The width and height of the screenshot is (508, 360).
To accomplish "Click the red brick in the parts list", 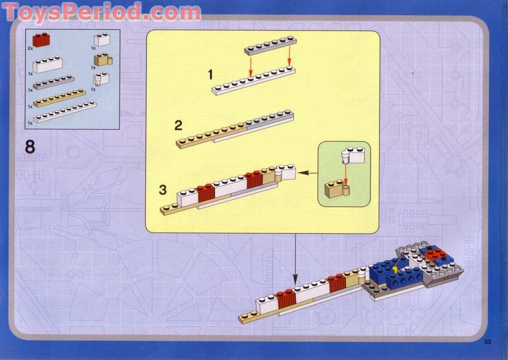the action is (x=41, y=40).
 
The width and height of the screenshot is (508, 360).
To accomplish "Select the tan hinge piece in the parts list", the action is (x=103, y=60).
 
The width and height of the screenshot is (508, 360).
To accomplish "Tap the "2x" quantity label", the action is (x=30, y=48).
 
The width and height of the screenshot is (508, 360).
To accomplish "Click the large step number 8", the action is (x=30, y=147).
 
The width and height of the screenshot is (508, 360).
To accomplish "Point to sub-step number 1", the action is (x=210, y=74).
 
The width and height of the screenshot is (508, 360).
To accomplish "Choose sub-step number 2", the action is (x=179, y=126).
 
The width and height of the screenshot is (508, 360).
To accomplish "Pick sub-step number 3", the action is (x=163, y=190).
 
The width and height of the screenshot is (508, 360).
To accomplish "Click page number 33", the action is (x=488, y=342).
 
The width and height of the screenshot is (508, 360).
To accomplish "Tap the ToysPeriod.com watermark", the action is (x=102, y=12).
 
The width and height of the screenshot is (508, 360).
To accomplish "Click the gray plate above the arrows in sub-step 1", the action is (x=270, y=46).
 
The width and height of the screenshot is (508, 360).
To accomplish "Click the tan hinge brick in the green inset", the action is (x=337, y=190).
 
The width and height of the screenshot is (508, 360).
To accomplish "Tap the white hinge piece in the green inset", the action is (x=353, y=155).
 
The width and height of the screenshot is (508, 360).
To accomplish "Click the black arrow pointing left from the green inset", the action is (x=308, y=173).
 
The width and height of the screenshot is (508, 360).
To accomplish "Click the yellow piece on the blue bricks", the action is (x=395, y=271).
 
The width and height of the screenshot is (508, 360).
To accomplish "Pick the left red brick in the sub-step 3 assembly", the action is (x=205, y=193).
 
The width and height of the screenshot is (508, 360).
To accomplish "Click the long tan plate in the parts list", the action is (x=60, y=98).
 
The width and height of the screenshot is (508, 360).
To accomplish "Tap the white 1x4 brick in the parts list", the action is (x=48, y=65).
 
